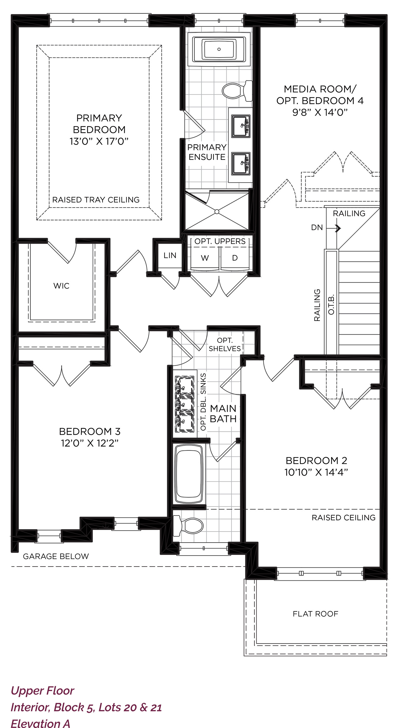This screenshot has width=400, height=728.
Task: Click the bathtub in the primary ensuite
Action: coord(219,49)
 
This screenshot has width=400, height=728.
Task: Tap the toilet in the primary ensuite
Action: coord(237,91)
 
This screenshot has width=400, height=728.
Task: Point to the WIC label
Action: coord(61,286)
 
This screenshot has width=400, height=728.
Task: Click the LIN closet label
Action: coord(170,255)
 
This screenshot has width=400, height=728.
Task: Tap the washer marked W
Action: coord(205,258)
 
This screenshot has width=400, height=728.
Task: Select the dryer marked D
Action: coord(235,258)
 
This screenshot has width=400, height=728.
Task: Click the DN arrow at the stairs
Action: coord(334,228)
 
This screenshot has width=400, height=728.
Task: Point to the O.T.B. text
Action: coord(331,304)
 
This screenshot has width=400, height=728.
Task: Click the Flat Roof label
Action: coord(315,614)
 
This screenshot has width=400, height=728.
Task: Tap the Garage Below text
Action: coord(56,556)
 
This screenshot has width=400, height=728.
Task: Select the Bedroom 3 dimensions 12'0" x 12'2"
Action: coord(89,443)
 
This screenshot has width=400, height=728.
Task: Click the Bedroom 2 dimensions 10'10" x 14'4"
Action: coord(316,472)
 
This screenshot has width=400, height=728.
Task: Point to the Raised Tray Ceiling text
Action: coord(96,200)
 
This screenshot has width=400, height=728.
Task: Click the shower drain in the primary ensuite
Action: coord(217,212)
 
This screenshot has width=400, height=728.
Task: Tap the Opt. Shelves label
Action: coord(225,344)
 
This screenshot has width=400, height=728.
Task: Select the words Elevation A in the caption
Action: coord(41,723)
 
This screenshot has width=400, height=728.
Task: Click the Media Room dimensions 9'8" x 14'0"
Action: coord(320,112)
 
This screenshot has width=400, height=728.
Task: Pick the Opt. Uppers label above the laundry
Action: coord(220,241)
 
